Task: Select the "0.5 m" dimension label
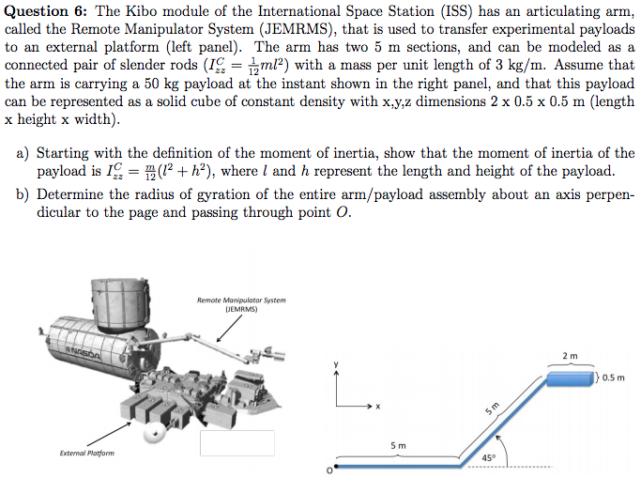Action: tap(616, 378)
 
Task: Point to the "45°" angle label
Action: tap(488, 457)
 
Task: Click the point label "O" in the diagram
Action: tap(328, 469)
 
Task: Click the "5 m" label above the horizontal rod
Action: tap(399, 443)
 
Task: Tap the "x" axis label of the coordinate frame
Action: tap(378, 408)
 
